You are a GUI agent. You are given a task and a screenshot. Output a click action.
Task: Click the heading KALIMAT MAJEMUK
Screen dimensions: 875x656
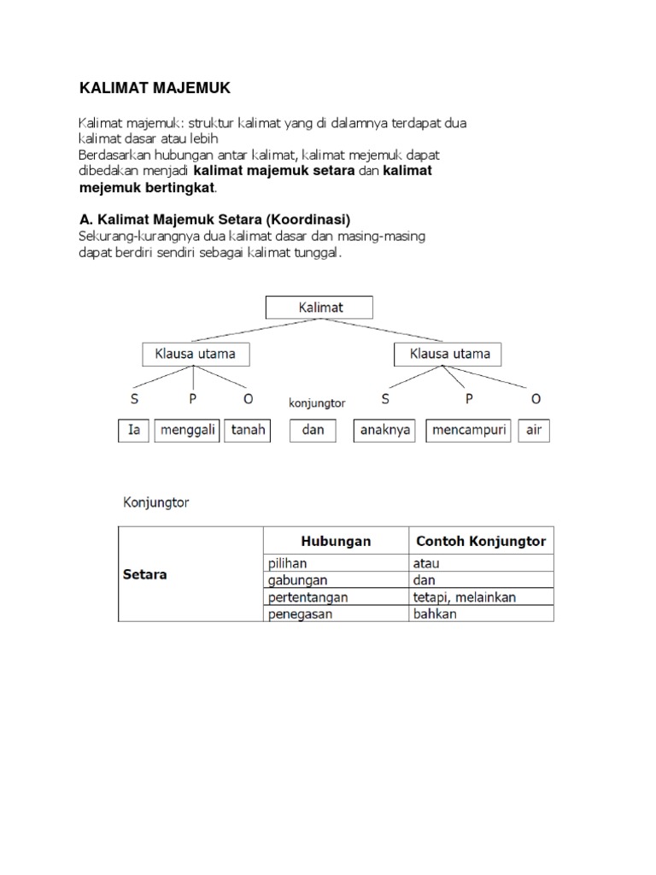[155, 88]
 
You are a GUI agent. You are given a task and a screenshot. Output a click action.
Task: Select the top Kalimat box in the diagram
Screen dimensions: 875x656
[321, 307]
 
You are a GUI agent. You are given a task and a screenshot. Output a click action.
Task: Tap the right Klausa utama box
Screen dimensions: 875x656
[448, 353]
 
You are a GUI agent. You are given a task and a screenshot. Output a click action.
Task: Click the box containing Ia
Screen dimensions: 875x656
[134, 430]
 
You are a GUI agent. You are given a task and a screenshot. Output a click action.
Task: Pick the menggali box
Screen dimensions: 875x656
[188, 430]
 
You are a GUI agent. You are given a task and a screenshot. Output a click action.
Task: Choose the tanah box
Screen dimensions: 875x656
[248, 430]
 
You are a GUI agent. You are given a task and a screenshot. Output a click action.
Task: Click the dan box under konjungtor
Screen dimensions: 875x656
[313, 430]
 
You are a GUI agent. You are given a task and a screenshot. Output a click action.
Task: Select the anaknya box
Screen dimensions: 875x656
[384, 430]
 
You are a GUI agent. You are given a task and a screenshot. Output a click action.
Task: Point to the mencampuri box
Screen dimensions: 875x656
[468, 430]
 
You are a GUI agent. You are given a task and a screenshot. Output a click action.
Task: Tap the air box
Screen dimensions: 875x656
[534, 430]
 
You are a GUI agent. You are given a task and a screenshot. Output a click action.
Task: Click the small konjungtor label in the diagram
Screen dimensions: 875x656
[316, 402]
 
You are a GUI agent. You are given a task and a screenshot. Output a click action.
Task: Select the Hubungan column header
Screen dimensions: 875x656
[336, 541]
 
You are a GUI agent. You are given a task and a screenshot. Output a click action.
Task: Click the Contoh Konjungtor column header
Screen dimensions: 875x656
[480, 541]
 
